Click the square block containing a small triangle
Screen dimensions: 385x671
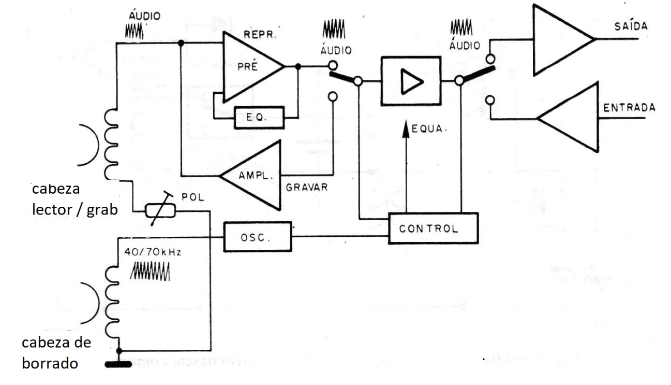(x=410, y=81)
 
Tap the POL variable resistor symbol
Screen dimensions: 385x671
(x=160, y=210)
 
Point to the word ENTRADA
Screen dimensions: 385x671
(x=629, y=108)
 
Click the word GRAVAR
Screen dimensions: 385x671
(x=307, y=187)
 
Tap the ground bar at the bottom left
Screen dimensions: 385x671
(x=118, y=364)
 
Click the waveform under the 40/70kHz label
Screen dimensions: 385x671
(x=152, y=270)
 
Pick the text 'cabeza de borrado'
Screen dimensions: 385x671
(x=56, y=353)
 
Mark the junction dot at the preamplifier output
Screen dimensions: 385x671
(x=297, y=66)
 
